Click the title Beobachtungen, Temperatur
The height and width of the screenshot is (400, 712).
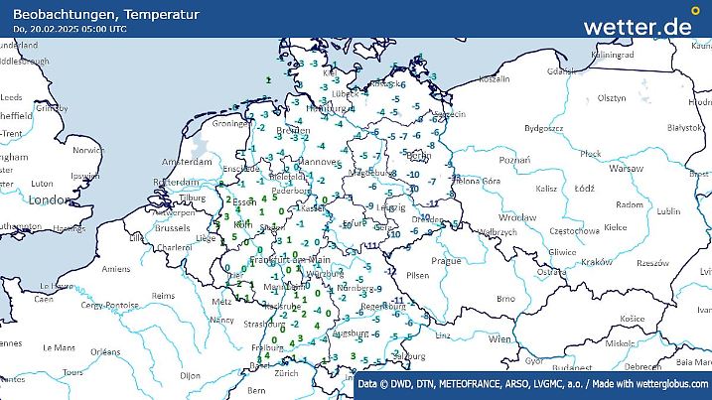(106, 14)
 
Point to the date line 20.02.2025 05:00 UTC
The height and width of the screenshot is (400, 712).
(70, 29)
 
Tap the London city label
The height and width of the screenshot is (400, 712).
(46, 200)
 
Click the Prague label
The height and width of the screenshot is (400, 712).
(446, 260)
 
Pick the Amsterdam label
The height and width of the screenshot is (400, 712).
(188, 161)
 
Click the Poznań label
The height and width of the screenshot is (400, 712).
(514, 160)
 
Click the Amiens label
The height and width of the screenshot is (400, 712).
(116, 269)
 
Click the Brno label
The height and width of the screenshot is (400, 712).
(505, 298)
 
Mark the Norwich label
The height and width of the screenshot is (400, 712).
(87, 150)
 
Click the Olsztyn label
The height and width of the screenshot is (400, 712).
(611, 98)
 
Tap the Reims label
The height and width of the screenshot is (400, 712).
(165, 296)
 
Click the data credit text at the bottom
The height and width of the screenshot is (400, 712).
(533, 384)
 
